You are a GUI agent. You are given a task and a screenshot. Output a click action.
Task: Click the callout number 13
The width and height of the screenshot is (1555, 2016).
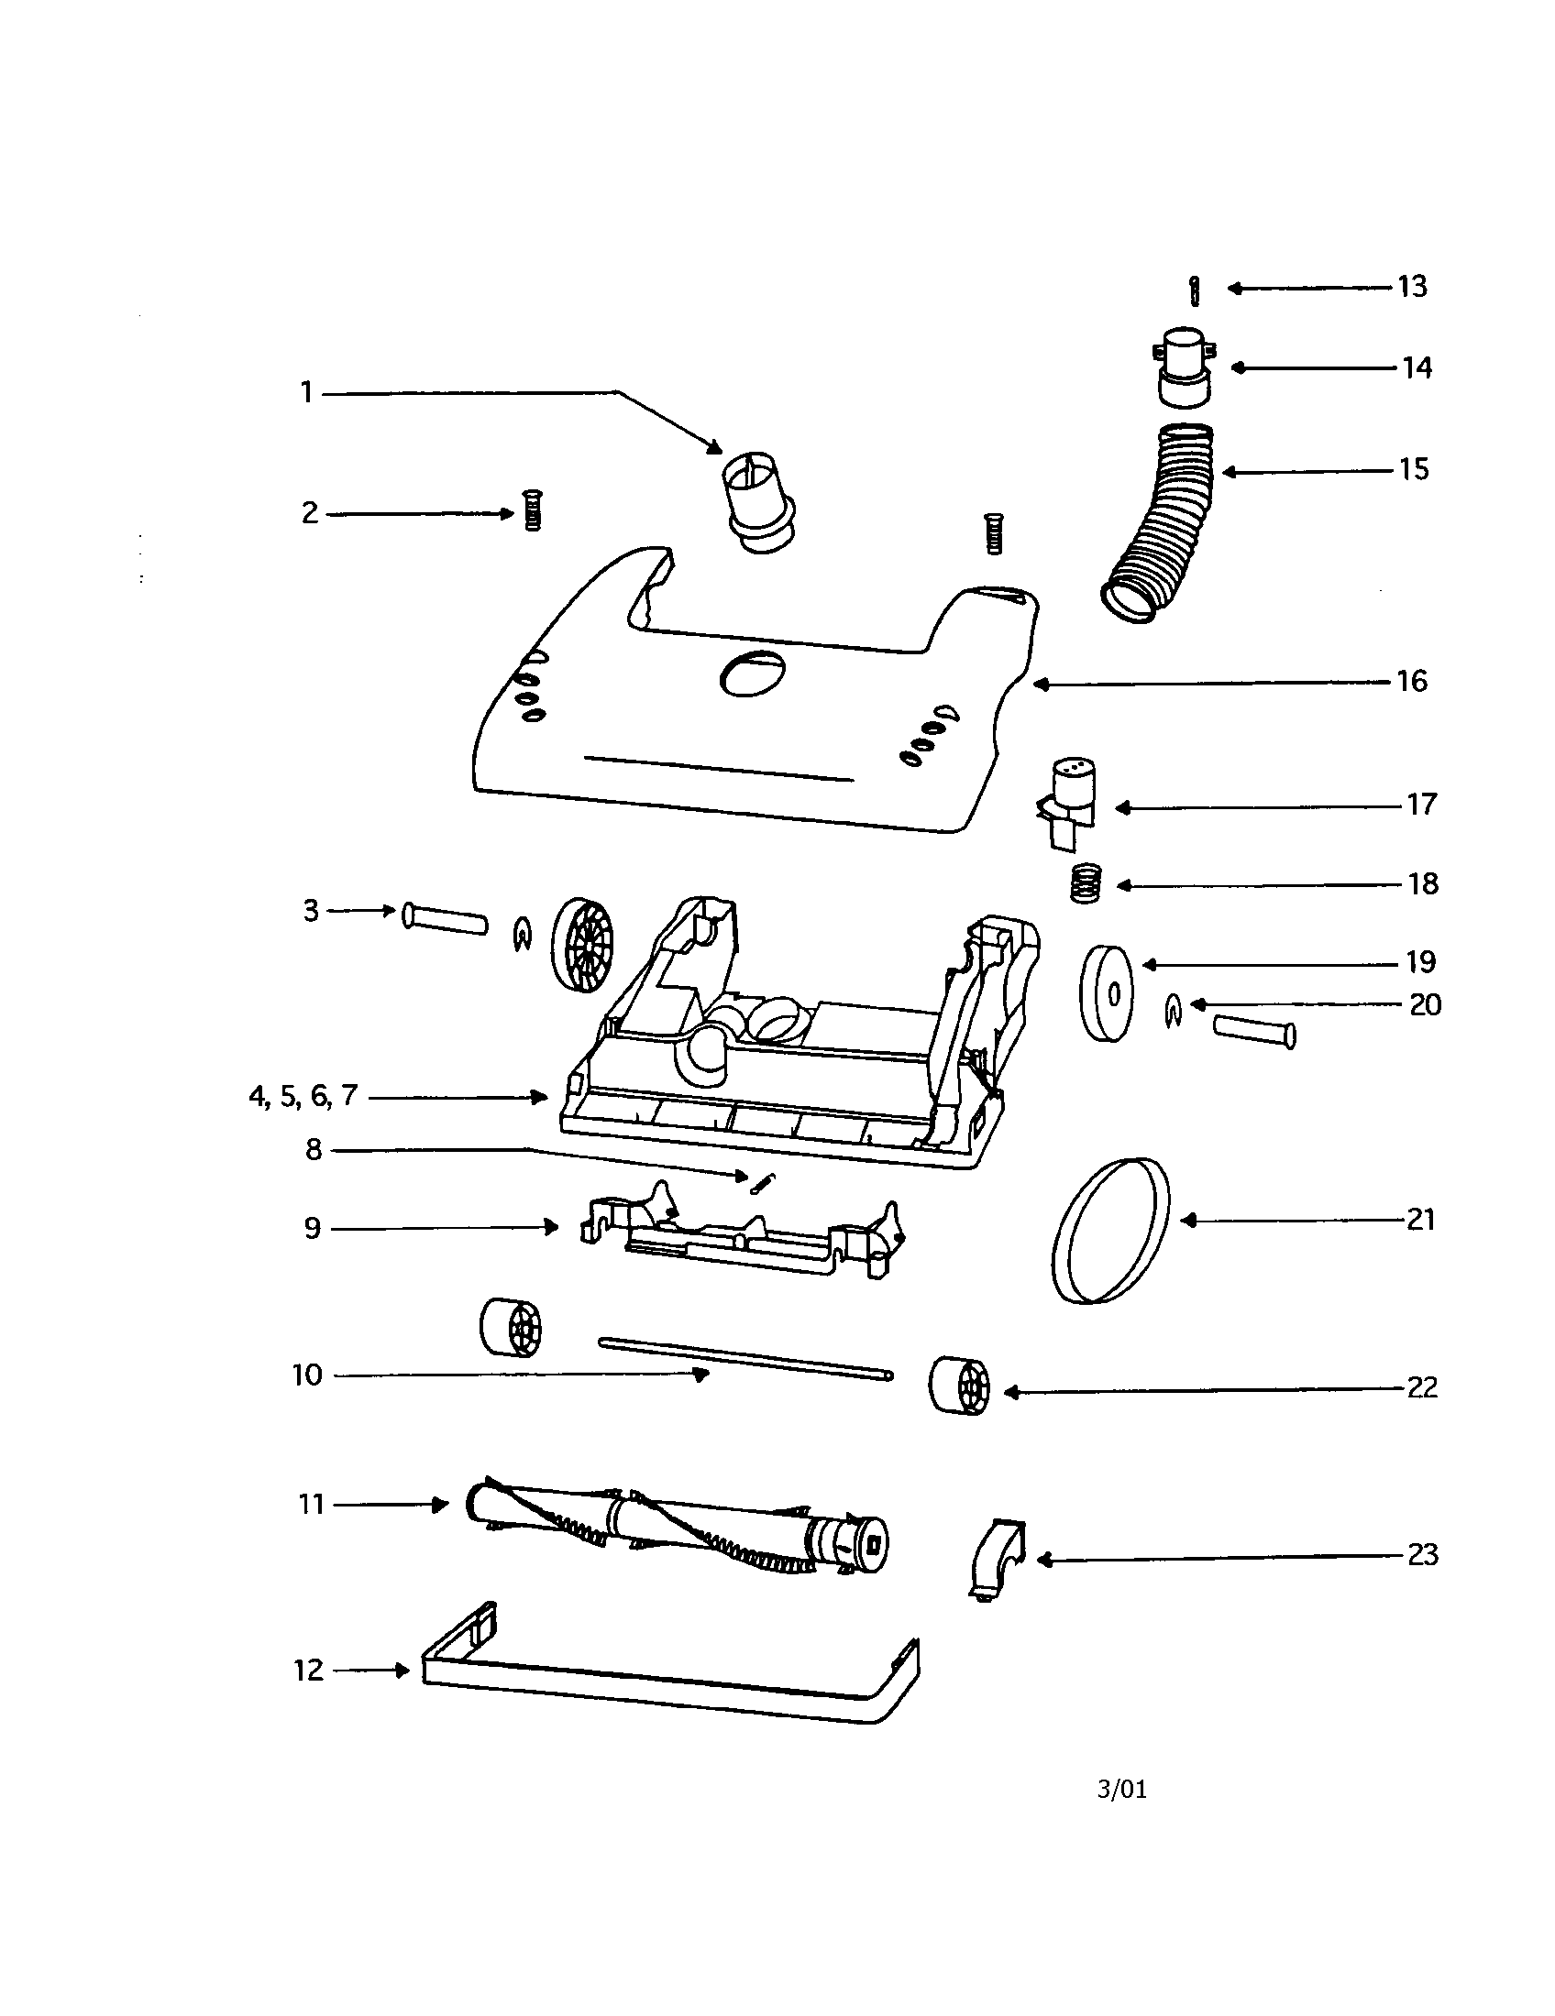tap(1412, 287)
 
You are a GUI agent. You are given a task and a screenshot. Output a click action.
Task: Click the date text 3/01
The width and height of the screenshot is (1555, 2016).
tap(1122, 1790)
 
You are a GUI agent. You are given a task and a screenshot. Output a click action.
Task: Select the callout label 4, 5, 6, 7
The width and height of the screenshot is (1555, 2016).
tap(303, 1097)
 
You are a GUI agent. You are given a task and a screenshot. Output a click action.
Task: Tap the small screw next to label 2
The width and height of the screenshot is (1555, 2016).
tap(532, 509)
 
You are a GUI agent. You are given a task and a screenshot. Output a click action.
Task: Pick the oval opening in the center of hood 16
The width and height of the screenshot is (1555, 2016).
tap(753, 672)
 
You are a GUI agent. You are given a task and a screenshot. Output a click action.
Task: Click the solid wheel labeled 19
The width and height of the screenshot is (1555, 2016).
tap(1106, 993)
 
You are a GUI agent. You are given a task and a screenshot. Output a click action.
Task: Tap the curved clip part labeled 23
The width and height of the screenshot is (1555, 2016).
tap(999, 1559)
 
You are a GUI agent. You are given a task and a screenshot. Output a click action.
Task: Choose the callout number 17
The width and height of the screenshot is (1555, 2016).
tap(1422, 805)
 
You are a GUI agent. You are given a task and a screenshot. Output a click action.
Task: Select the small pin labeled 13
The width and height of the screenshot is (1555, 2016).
tap(1195, 290)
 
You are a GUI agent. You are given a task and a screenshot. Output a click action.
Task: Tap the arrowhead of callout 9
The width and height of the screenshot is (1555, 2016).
tap(552, 1227)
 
